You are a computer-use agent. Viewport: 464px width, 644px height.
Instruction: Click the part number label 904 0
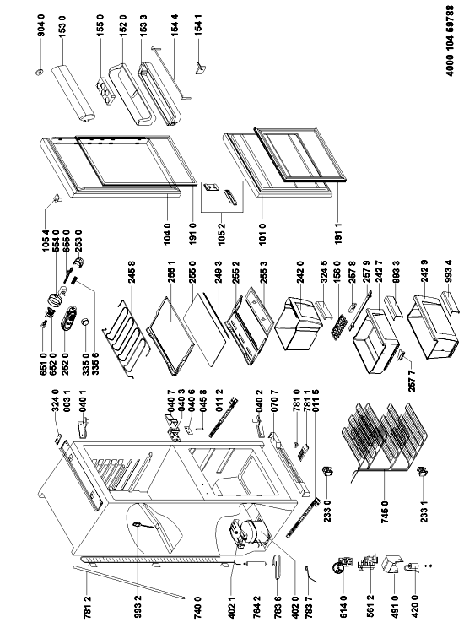coord(41,26)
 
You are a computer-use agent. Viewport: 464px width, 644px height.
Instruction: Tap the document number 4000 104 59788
coord(450,41)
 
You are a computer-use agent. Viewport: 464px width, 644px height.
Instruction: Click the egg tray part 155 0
coord(105,89)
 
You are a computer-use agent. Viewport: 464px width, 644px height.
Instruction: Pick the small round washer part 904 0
coord(40,73)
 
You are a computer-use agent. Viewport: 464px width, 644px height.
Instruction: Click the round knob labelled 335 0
coord(85,322)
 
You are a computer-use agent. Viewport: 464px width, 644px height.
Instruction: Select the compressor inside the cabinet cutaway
coord(245,533)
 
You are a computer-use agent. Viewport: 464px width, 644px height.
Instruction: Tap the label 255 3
coord(263,273)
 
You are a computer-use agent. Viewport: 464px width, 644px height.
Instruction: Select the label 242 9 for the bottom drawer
coord(425,273)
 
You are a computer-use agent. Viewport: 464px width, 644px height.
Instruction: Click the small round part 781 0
coord(295,445)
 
